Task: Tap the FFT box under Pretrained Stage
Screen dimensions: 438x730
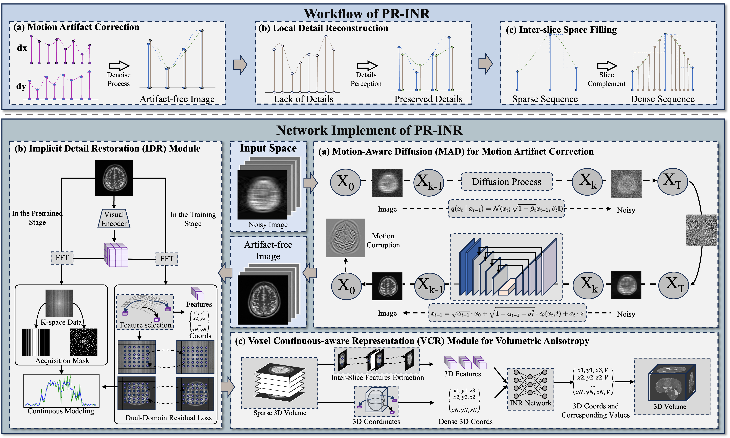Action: coord(62,258)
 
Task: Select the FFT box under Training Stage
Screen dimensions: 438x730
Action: coord(167,259)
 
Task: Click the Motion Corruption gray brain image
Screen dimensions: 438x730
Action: coord(345,238)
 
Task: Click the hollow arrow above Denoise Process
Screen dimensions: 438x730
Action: coord(119,66)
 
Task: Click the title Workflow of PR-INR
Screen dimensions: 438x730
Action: coord(367,14)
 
